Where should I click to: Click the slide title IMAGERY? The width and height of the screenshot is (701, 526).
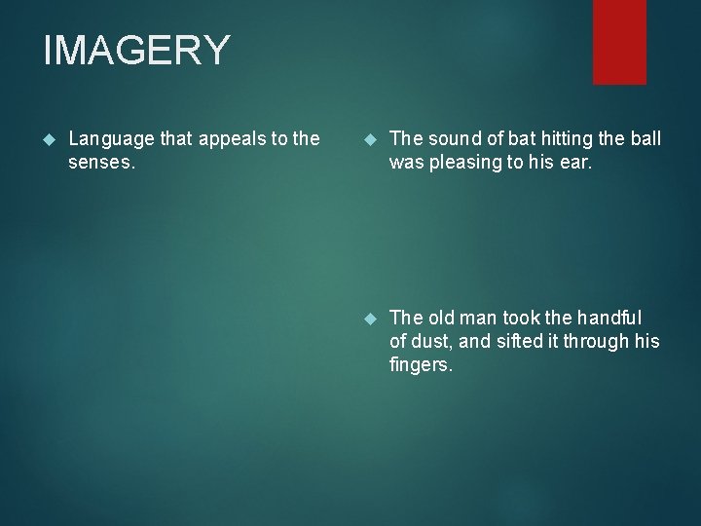[x=136, y=51]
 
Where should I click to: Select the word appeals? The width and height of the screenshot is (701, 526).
[x=230, y=139]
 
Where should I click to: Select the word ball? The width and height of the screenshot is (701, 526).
[x=645, y=139]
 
